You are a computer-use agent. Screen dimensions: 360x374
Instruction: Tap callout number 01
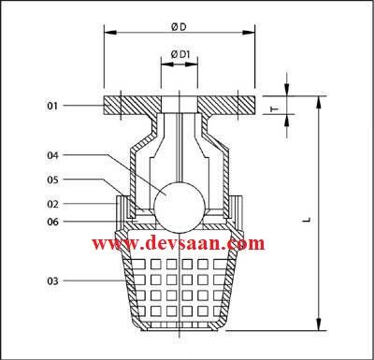pos(52,107)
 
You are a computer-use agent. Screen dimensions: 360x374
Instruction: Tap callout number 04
pos(52,154)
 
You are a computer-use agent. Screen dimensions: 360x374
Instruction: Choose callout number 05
pos(52,179)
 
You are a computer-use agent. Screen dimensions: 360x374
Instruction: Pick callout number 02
pos(52,203)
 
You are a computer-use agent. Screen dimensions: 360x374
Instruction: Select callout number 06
pos(52,221)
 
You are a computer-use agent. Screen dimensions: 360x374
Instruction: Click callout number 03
pos(52,281)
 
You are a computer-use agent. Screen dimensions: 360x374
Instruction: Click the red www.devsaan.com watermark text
pos(177,243)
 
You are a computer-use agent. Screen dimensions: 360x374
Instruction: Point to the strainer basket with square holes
pos(177,285)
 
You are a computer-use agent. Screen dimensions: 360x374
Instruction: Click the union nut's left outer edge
pos(118,209)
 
